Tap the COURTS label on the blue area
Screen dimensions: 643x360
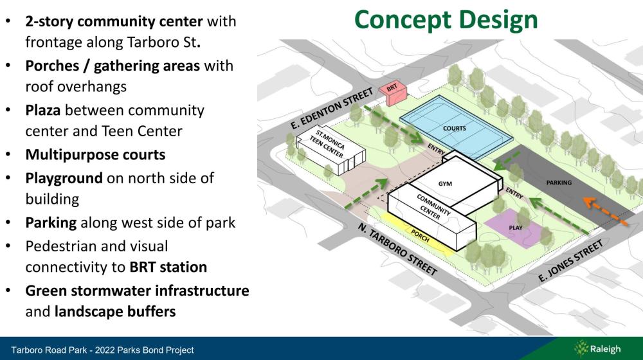455,129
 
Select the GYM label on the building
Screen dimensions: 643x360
445,184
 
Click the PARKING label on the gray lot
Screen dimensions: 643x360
559,183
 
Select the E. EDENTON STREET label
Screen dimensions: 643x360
332,108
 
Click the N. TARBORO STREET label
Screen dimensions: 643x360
397,249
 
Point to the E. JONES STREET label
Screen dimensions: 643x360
570,261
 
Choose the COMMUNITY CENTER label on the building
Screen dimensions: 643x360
432,207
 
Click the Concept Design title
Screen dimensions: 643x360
446,20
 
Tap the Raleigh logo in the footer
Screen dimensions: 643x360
597,349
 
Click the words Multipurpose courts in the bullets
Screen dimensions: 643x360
95,154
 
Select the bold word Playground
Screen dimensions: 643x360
64,178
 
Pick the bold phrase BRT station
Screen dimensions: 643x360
168,267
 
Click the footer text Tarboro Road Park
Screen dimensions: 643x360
50,350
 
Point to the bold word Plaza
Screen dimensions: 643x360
42,111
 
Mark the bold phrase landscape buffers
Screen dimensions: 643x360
115,311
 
